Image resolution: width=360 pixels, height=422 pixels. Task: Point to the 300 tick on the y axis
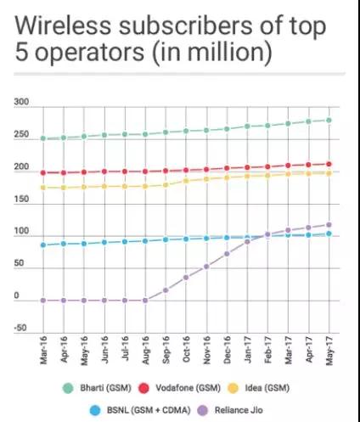pyautogui.click(x=21, y=103)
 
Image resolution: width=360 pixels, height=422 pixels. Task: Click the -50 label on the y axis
pyautogui.click(x=21, y=328)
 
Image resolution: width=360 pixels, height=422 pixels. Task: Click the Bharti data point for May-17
pyautogui.click(x=329, y=120)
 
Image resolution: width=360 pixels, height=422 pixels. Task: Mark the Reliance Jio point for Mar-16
pyautogui.click(x=42, y=301)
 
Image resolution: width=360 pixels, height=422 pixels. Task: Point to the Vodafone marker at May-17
pyautogui.click(x=329, y=164)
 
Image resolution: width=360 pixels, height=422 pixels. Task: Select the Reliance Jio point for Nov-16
pyautogui.click(x=206, y=267)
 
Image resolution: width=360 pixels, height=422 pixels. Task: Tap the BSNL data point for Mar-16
pyautogui.click(x=42, y=245)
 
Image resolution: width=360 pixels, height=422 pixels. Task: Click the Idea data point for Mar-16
pyautogui.click(x=42, y=188)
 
